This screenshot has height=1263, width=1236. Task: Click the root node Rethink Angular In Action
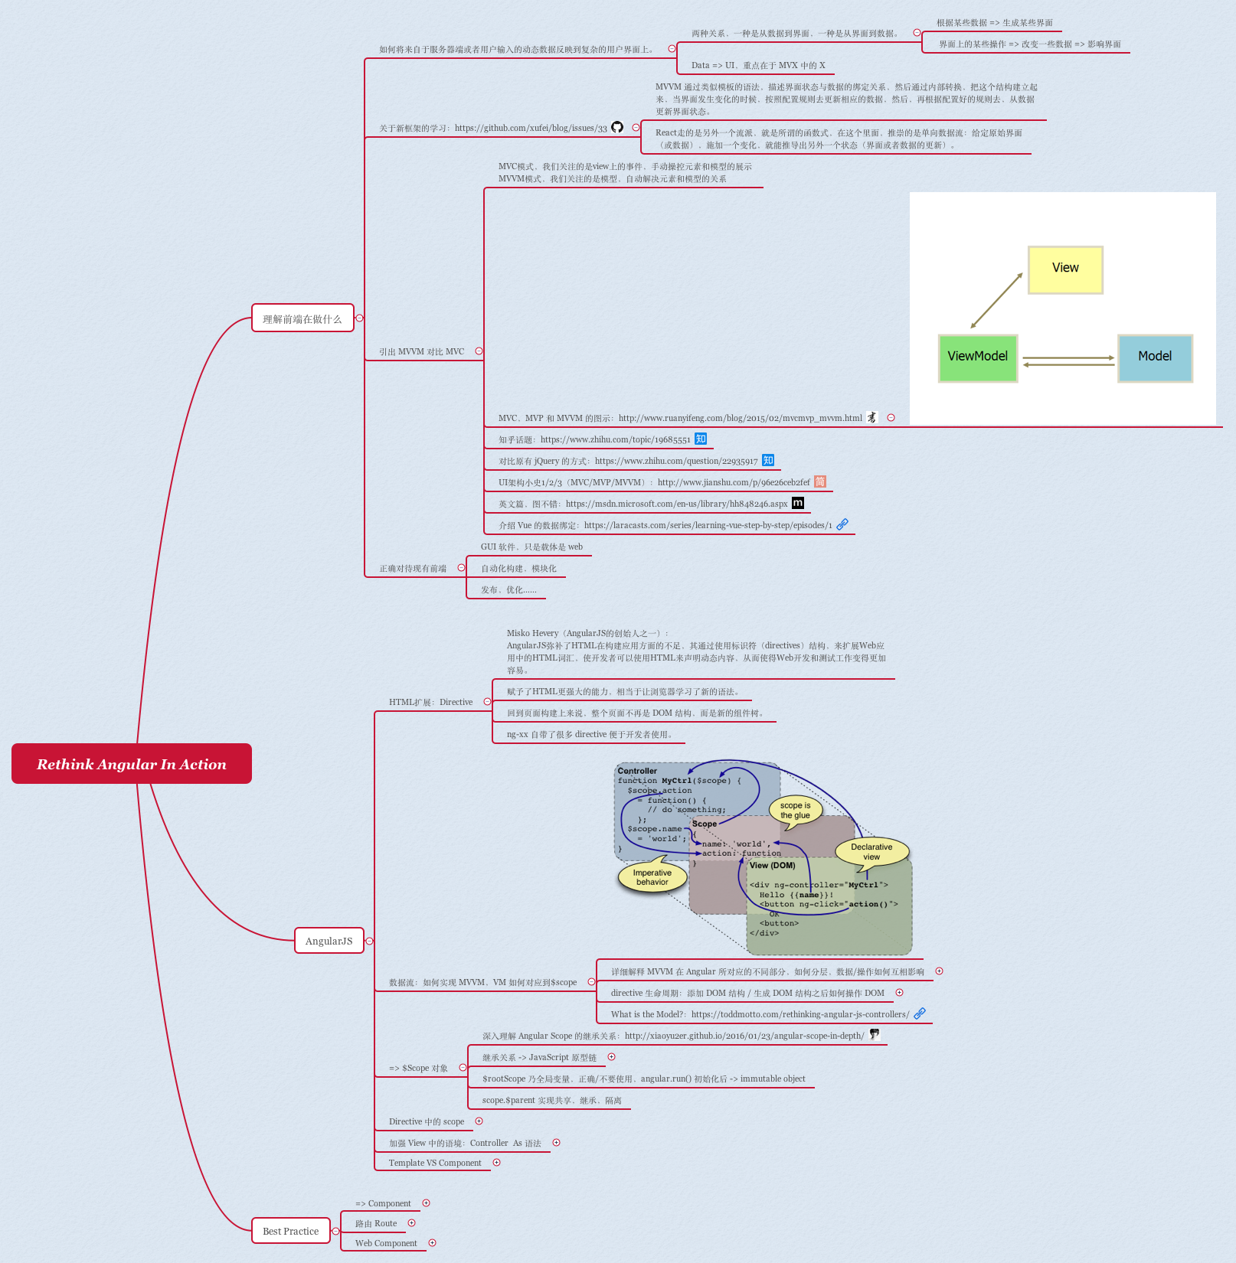[x=131, y=764]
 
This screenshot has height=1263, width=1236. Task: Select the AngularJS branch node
[x=329, y=941]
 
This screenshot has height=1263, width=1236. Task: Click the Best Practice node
[x=290, y=1231]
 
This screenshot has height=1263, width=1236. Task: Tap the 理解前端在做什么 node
[x=302, y=318]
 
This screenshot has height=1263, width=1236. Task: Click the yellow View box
[x=1064, y=269]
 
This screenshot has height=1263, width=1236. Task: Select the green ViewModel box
[x=977, y=357]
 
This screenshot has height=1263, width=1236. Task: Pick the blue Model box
[x=1154, y=357]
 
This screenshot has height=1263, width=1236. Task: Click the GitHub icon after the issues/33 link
[x=617, y=127]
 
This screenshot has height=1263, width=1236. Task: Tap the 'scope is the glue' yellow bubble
[x=795, y=810]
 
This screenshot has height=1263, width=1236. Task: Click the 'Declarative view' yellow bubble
[x=871, y=851]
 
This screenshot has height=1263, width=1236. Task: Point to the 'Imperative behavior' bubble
[x=652, y=877]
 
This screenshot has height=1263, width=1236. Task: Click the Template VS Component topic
[x=434, y=1163]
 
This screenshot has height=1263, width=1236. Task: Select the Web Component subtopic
[x=386, y=1243]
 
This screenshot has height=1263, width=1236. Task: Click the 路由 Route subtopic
[x=376, y=1223]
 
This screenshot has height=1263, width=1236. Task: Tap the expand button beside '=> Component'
[x=427, y=1203]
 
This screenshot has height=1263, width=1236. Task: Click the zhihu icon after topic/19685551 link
[x=701, y=439]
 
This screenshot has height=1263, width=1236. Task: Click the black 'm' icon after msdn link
[x=798, y=503]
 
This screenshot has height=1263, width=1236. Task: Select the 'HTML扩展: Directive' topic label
[x=430, y=702]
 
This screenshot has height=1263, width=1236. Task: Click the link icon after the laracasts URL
[x=842, y=524]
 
